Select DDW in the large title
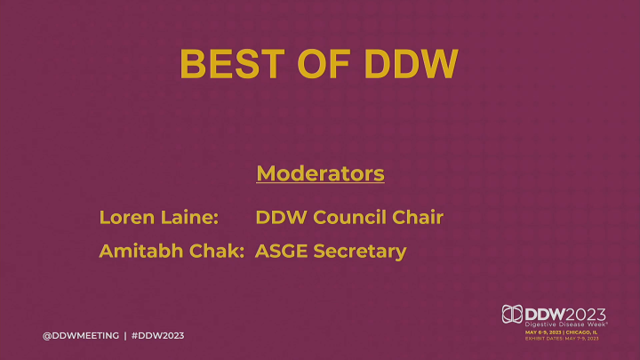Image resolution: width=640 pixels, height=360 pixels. coord(411,63)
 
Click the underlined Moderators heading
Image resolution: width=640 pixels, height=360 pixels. coord(320,172)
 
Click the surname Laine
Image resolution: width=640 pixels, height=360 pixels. coord(190,216)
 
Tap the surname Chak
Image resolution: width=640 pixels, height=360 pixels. coord(216,252)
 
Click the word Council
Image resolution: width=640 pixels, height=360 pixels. coord(350,216)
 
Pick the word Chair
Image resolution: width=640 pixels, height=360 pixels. coord(417,216)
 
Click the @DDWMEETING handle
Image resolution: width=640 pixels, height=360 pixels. coord(81,335)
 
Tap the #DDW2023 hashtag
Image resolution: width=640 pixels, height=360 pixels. coord(157,335)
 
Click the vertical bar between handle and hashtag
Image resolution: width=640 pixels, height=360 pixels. coord(124,335)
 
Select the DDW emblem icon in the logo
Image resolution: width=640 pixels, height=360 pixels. coord(512,315)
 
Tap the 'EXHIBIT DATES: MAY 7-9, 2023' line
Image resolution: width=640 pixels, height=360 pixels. coord(562,339)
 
